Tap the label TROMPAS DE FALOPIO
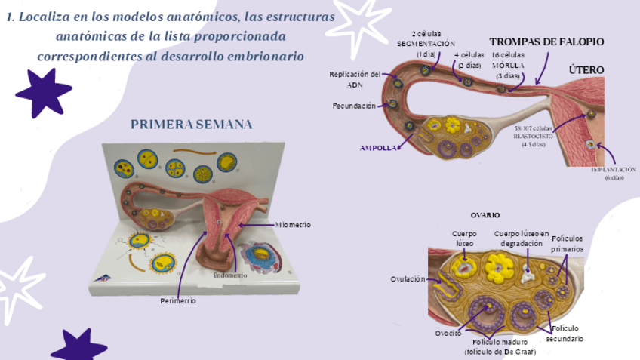pyautogui.click(x=546, y=42)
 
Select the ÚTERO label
pyautogui.click(x=586, y=70)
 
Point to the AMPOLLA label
pyautogui.click(x=379, y=149)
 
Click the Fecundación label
pyautogui.click(x=354, y=106)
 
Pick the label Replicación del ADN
pyautogui.click(x=355, y=79)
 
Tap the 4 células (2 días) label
pyautogui.click(x=469, y=60)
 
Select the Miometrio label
pyautogui.click(x=293, y=225)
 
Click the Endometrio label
pyautogui.click(x=231, y=275)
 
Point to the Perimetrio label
pyautogui.click(x=178, y=300)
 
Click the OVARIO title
pyautogui.click(x=485, y=215)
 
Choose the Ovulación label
pyautogui.click(x=408, y=279)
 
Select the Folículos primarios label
pyautogui.click(x=567, y=243)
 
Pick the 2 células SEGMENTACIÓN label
pyautogui.click(x=427, y=44)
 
